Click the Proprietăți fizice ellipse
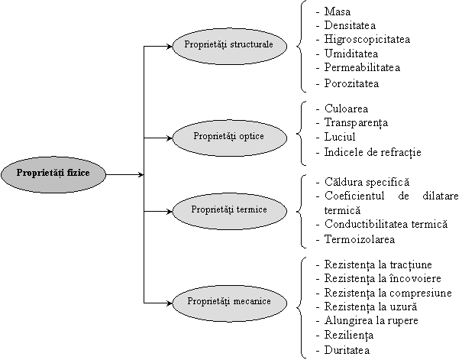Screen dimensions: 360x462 [53, 174]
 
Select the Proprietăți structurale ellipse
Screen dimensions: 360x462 [229, 46]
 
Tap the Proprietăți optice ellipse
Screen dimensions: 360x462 [229, 138]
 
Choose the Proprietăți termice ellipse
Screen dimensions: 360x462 [229, 210]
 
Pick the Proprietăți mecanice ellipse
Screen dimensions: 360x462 [229, 303]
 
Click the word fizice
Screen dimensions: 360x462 [78, 173]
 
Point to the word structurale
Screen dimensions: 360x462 [251, 45]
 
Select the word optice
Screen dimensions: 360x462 [250, 137]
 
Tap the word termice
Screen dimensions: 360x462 [251, 209]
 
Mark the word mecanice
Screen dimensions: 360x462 [252, 302]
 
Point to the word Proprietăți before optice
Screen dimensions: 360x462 [214, 137]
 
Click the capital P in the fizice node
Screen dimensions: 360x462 [20, 173]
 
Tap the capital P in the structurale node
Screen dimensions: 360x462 [188, 45]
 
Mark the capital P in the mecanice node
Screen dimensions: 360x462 [191, 302]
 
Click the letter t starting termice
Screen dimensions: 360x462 [237, 209]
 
